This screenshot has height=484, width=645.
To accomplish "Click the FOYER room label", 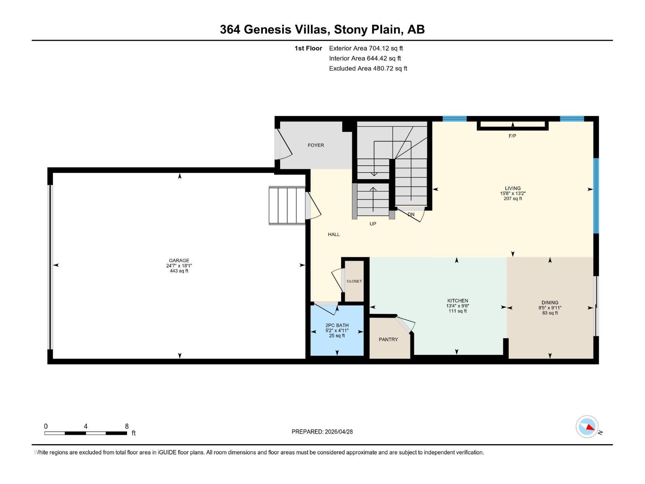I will tap(316, 145).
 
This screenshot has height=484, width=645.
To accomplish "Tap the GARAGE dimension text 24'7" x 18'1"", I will tap(179, 266).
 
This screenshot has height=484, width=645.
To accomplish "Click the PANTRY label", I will tap(388, 340).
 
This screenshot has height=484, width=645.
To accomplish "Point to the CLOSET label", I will tap(354, 281).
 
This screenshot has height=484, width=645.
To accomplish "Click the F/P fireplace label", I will tap(512, 136).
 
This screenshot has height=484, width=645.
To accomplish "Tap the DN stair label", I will tap(411, 215).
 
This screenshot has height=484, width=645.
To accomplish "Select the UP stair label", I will tap(373, 223).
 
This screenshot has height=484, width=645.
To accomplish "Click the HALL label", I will tap(334, 234).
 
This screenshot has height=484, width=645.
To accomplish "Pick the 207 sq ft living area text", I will tap(513, 198).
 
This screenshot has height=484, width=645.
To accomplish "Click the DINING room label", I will tap(550, 302).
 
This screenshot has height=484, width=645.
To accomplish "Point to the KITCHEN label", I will tap(458, 300).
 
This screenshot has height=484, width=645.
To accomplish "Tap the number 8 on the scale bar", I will tap(127, 426).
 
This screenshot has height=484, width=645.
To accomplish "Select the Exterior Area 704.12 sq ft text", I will tap(366, 48).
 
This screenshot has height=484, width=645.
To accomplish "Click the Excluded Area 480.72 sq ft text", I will tap(368, 69).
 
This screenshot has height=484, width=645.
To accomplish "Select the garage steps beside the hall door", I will tap(287, 205).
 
